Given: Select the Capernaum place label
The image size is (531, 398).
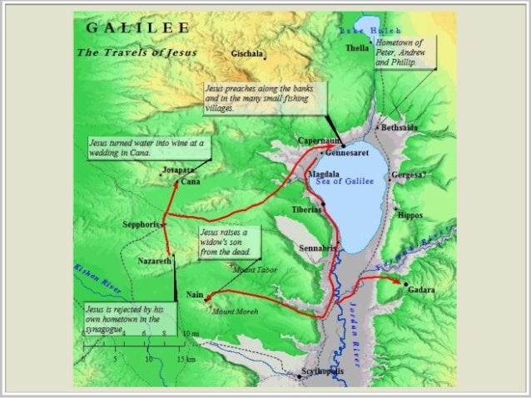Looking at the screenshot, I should (316, 141).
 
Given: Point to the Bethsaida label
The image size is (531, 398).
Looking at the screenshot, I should (400, 128).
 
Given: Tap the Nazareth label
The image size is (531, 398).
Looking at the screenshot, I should (154, 261).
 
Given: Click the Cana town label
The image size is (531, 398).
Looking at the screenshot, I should (189, 181).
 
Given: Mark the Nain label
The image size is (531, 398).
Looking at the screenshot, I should (195, 295).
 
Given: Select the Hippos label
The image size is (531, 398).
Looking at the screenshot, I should (411, 215).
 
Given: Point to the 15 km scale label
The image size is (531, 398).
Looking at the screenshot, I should (186, 359).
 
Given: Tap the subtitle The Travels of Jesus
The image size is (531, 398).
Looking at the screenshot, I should (138, 52).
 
